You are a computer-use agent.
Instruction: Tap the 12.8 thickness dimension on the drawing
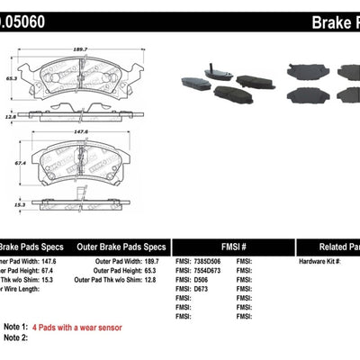[x=11, y=116]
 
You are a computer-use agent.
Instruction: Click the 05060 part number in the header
[x=23, y=16]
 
